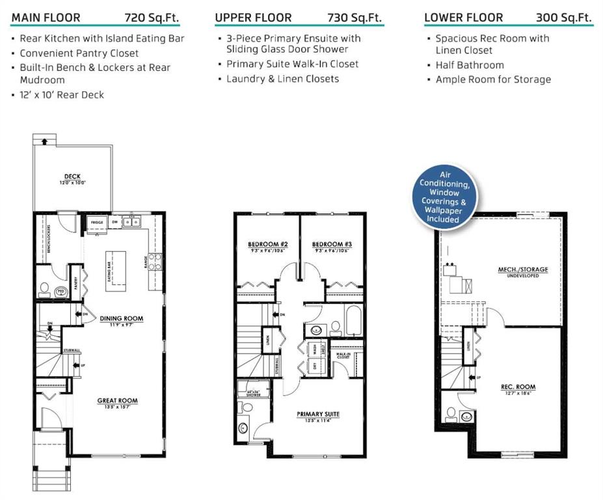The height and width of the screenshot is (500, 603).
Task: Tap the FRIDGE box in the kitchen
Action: click(x=96, y=223)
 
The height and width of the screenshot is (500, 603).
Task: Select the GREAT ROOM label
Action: click(x=117, y=401)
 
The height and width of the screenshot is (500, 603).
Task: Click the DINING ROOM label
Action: click(x=121, y=319)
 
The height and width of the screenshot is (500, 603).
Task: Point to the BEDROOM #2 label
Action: click(x=268, y=244)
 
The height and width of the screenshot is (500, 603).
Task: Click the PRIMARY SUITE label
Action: click(x=318, y=414)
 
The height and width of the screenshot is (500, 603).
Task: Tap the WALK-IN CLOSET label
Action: click(x=343, y=355)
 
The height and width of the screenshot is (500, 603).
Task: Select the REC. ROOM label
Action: click(x=518, y=387)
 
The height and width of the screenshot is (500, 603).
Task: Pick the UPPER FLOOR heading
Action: click(x=254, y=18)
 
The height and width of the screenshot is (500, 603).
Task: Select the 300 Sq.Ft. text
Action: click(x=564, y=18)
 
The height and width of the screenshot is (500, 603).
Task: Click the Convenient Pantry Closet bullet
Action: click(x=79, y=53)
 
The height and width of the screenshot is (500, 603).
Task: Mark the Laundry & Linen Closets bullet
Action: click(x=282, y=79)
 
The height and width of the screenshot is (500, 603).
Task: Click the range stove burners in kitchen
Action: click(x=155, y=261)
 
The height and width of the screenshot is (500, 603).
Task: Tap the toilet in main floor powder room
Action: click(x=46, y=288)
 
